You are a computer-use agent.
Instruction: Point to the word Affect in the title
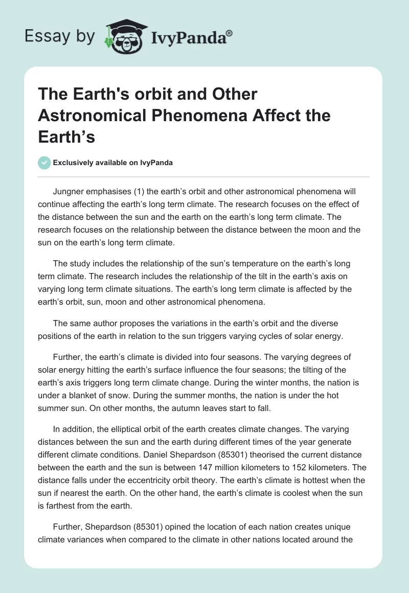click(x=274, y=116)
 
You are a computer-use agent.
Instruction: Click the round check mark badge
click(x=44, y=163)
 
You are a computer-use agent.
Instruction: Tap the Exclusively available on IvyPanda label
click(x=112, y=163)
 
